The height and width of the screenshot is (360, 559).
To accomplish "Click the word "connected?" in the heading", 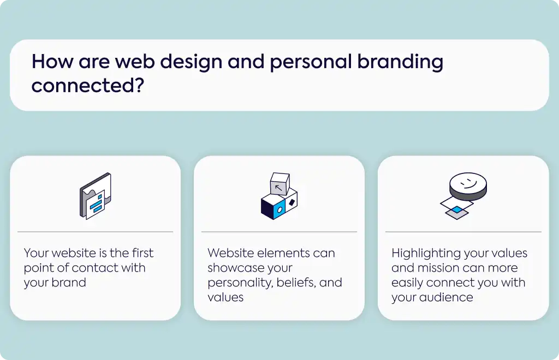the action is (x=88, y=86).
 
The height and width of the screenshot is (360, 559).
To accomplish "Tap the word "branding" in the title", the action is (x=400, y=62).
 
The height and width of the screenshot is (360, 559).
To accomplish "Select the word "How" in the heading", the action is (x=52, y=61).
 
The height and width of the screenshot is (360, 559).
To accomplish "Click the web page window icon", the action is (x=95, y=196).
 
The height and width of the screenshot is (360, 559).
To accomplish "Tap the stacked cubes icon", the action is (x=279, y=196).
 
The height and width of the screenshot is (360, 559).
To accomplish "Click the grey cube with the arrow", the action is (x=280, y=184).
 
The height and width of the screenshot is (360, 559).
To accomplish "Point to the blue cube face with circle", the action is (x=280, y=209).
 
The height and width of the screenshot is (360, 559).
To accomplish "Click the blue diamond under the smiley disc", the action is (x=457, y=209).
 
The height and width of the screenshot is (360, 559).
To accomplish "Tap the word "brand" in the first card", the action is (x=69, y=283).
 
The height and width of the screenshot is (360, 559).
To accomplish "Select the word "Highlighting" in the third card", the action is (x=424, y=254).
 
